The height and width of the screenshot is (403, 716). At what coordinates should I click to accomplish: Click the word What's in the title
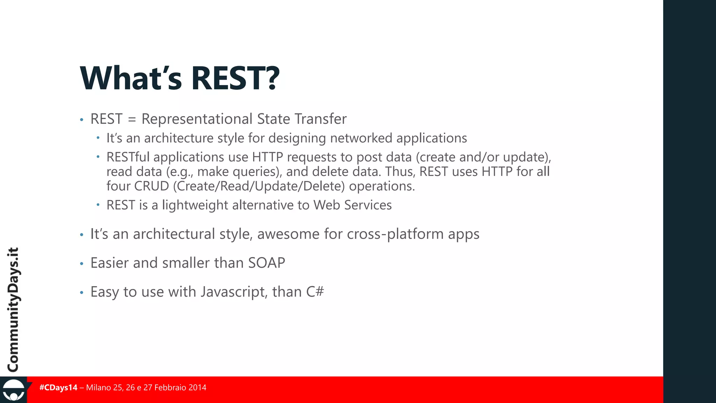click(131, 78)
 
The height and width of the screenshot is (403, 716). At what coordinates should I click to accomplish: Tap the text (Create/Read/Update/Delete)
click(259, 186)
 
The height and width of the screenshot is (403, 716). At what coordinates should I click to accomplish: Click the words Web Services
click(352, 205)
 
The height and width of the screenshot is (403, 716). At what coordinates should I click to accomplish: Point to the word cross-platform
click(395, 234)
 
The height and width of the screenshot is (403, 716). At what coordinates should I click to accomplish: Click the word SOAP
click(267, 263)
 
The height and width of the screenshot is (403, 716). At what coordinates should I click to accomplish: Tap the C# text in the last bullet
click(315, 292)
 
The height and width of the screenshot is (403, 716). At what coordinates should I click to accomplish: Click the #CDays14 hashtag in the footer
click(58, 388)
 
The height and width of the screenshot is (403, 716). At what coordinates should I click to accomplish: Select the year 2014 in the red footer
click(197, 388)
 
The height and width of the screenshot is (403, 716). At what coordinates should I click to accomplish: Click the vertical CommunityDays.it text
click(13, 310)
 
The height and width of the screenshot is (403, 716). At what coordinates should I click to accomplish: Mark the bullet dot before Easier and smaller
click(81, 264)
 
